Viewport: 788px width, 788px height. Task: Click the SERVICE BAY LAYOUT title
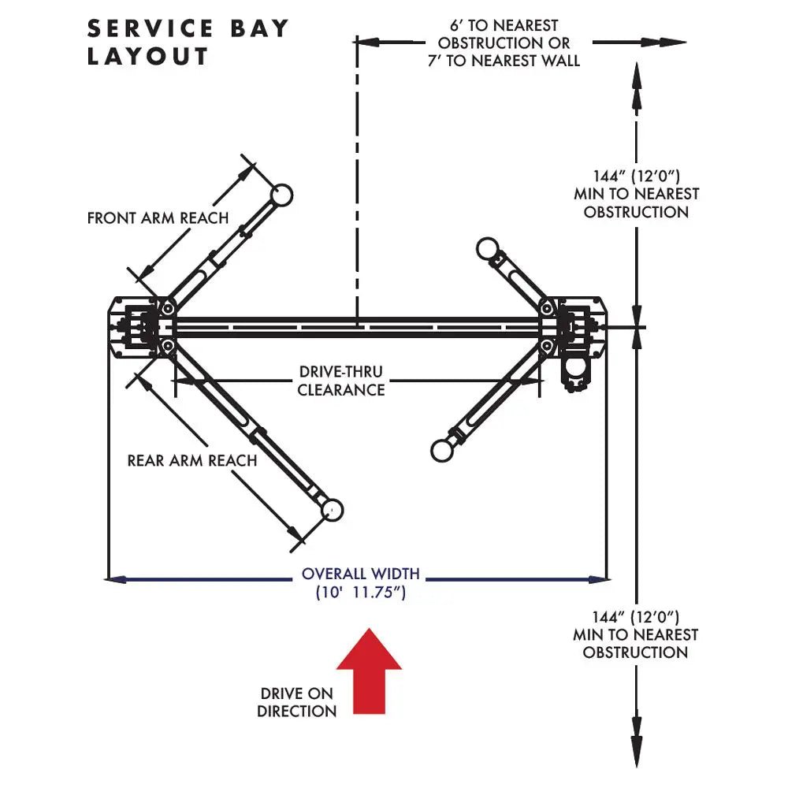[x=188, y=43]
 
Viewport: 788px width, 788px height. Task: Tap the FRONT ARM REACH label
[x=158, y=218]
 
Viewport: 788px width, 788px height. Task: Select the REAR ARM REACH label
[x=192, y=460]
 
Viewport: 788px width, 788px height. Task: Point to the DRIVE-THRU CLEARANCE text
[x=341, y=381]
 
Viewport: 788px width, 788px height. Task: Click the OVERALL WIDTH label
[x=361, y=574]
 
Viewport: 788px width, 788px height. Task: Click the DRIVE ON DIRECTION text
[x=297, y=703]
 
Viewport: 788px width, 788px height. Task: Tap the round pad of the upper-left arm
[x=281, y=194]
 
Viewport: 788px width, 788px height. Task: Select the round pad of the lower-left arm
[x=333, y=510]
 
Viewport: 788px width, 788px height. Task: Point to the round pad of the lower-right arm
[x=442, y=450]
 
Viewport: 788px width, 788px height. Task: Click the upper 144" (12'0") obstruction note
[x=636, y=194]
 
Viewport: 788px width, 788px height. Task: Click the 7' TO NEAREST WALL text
[x=504, y=61]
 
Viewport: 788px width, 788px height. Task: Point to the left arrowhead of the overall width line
[x=114, y=580]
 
